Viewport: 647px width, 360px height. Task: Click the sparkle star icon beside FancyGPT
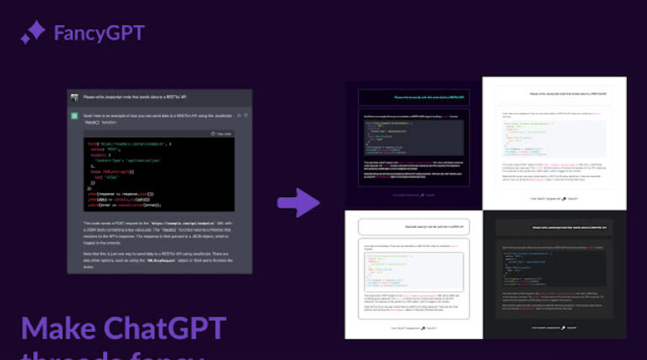coord(33,33)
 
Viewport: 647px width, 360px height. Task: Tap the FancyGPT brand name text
coord(99,34)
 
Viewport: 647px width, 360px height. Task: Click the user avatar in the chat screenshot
coord(75,97)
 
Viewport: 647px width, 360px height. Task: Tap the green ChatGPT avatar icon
coord(75,116)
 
